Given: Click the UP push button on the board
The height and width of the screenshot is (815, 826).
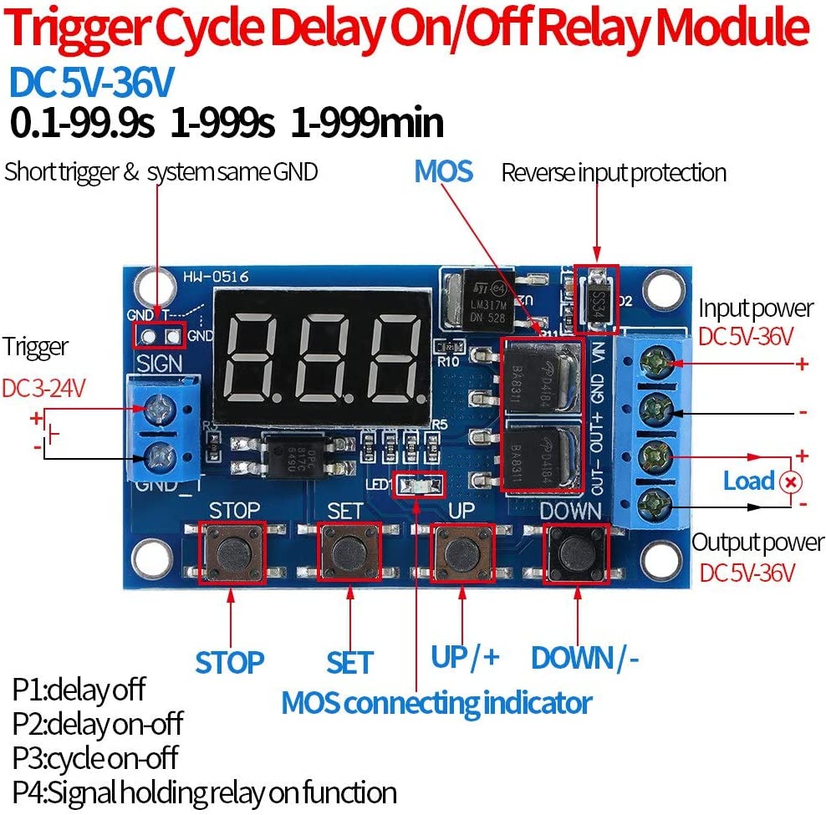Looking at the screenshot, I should pos(462,553).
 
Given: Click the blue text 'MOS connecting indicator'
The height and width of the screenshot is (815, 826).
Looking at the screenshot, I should pos(436,702).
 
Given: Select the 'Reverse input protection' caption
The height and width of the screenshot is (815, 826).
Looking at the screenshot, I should pos(614,173).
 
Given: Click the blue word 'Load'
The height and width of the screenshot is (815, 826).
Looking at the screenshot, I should pos(748,481).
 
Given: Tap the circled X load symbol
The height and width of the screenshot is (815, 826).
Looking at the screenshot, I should pos(789,482).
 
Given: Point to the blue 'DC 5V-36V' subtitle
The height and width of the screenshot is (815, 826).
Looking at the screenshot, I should pos(92,83).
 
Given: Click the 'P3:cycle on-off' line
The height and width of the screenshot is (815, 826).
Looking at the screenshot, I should pos(95,757).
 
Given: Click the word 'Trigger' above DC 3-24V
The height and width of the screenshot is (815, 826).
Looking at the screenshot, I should pos(36,346).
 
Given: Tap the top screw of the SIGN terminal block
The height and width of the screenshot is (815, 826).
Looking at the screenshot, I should pos(158,409).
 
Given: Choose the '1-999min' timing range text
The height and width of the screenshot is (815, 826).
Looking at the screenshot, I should pos(367,124).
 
